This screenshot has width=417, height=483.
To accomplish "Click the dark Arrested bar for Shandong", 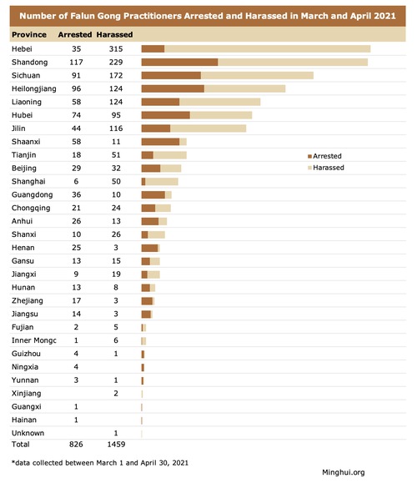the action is pyautogui.click(x=179, y=63).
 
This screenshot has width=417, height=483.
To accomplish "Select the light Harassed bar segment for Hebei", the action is pyautogui.click(x=268, y=49).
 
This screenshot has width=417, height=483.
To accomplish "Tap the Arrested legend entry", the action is pyautogui.click(x=324, y=156).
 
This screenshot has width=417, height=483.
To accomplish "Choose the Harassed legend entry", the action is pyautogui.click(x=326, y=168).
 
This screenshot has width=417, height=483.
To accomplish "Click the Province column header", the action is pyautogui.click(x=29, y=34).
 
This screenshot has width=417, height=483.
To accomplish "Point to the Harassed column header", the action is pyautogui.click(x=114, y=34).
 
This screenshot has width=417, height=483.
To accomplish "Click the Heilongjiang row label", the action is pyautogui.click(x=34, y=89).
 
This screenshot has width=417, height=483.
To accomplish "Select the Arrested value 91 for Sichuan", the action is pyautogui.click(x=76, y=75).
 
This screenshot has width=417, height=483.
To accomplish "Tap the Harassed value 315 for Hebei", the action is pyautogui.click(x=116, y=49).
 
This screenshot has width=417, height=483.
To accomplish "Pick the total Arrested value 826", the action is pyautogui.click(x=76, y=444).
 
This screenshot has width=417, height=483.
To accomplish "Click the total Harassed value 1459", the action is pyautogui.click(x=116, y=444).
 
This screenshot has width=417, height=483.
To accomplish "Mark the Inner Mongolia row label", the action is pyautogui.click(x=34, y=340).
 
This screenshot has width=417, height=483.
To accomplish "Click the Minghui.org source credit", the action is pyautogui.click(x=344, y=472).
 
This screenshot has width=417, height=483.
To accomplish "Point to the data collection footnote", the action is pyautogui.click(x=100, y=463).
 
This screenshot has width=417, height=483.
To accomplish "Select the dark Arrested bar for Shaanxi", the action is pyautogui.click(x=160, y=142).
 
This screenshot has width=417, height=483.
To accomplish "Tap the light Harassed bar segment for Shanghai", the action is pyautogui.click(x=162, y=181).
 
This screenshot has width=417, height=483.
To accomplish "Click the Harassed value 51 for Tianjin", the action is pyautogui.click(x=116, y=155).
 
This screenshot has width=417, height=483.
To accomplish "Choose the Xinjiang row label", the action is pyautogui.click(x=26, y=394).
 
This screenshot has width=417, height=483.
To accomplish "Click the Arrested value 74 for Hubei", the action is pyautogui.click(x=76, y=115).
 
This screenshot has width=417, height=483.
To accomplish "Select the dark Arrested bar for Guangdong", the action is pyautogui.click(x=153, y=194).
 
